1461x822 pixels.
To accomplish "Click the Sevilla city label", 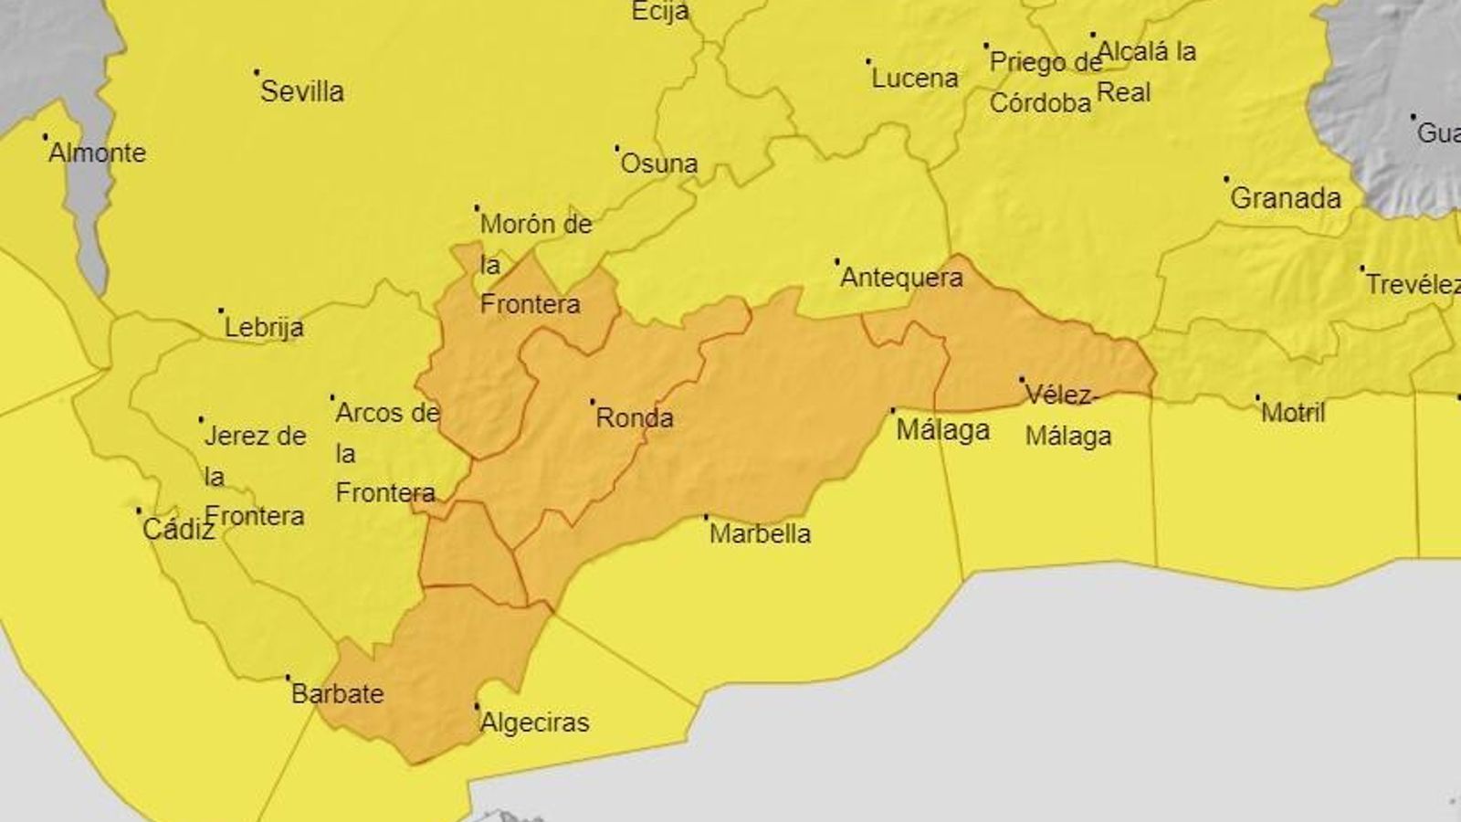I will (x=302, y=91).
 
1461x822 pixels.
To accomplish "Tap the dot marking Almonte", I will (x=45, y=137).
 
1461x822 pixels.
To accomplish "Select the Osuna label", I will (x=658, y=163).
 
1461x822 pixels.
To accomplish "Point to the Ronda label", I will (x=635, y=418).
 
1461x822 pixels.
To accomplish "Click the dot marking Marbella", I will (x=706, y=518).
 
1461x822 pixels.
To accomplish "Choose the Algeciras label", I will (x=535, y=722).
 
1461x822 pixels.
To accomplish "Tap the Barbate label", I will (x=338, y=693).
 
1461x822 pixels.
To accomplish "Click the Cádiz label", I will (x=178, y=529).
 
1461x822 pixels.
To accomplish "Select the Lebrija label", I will (x=264, y=327).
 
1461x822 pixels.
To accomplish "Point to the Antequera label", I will (x=901, y=278).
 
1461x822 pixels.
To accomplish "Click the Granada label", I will (x=1286, y=198).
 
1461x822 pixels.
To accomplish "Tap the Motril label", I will (x=1293, y=413).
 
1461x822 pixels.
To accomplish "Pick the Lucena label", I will (x=914, y=79).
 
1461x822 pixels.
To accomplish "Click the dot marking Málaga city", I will (x=893, y=410).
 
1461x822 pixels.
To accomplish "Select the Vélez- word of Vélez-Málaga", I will (x=1062, y=395).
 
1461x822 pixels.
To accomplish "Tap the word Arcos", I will (x=370, y=413).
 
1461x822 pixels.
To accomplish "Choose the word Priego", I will (x=1028, y=63).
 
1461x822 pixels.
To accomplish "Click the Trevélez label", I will (x=1412, y=285).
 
